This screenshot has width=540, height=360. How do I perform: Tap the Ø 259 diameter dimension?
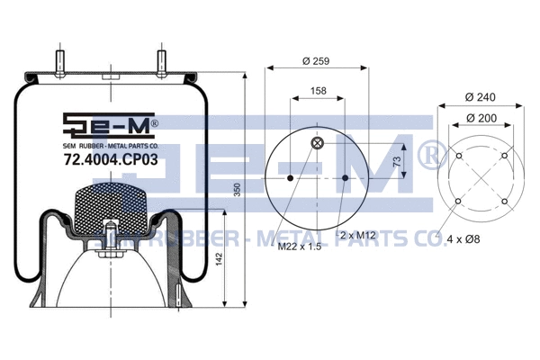coord(318,60)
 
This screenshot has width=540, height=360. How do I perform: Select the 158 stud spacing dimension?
coord(318,91)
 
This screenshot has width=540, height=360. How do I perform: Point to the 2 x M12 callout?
coord(358,236)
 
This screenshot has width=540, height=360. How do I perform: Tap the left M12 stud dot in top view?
coord(290,178)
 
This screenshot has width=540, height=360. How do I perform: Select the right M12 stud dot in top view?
coord(346,178)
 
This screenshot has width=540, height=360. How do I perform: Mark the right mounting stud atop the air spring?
coord(163,63)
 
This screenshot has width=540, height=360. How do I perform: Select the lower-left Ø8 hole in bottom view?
coord(458,202)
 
